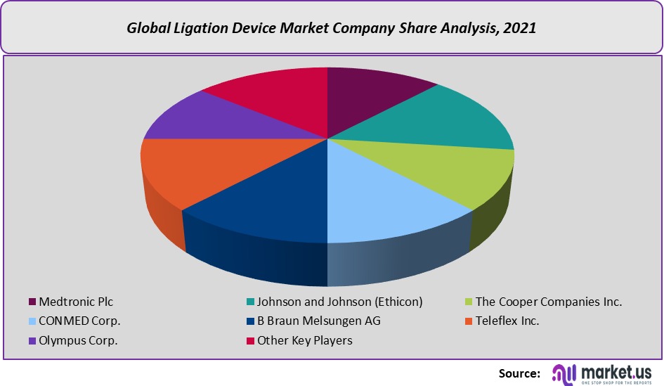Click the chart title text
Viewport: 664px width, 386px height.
coord(332,29)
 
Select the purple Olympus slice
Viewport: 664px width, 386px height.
coord(211,120)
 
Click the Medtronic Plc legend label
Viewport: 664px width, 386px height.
coord(76,302)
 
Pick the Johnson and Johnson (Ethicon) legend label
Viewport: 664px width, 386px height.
coord(339,302)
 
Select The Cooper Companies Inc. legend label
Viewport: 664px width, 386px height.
coord(549,302)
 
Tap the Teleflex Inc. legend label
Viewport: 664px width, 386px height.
coord(507,321)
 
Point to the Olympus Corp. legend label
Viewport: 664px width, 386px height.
coord(78,341)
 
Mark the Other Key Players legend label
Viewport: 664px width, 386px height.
coord(305,341)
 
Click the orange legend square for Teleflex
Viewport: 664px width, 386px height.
coord(469,321)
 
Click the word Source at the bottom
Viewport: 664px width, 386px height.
coord(519,373)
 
